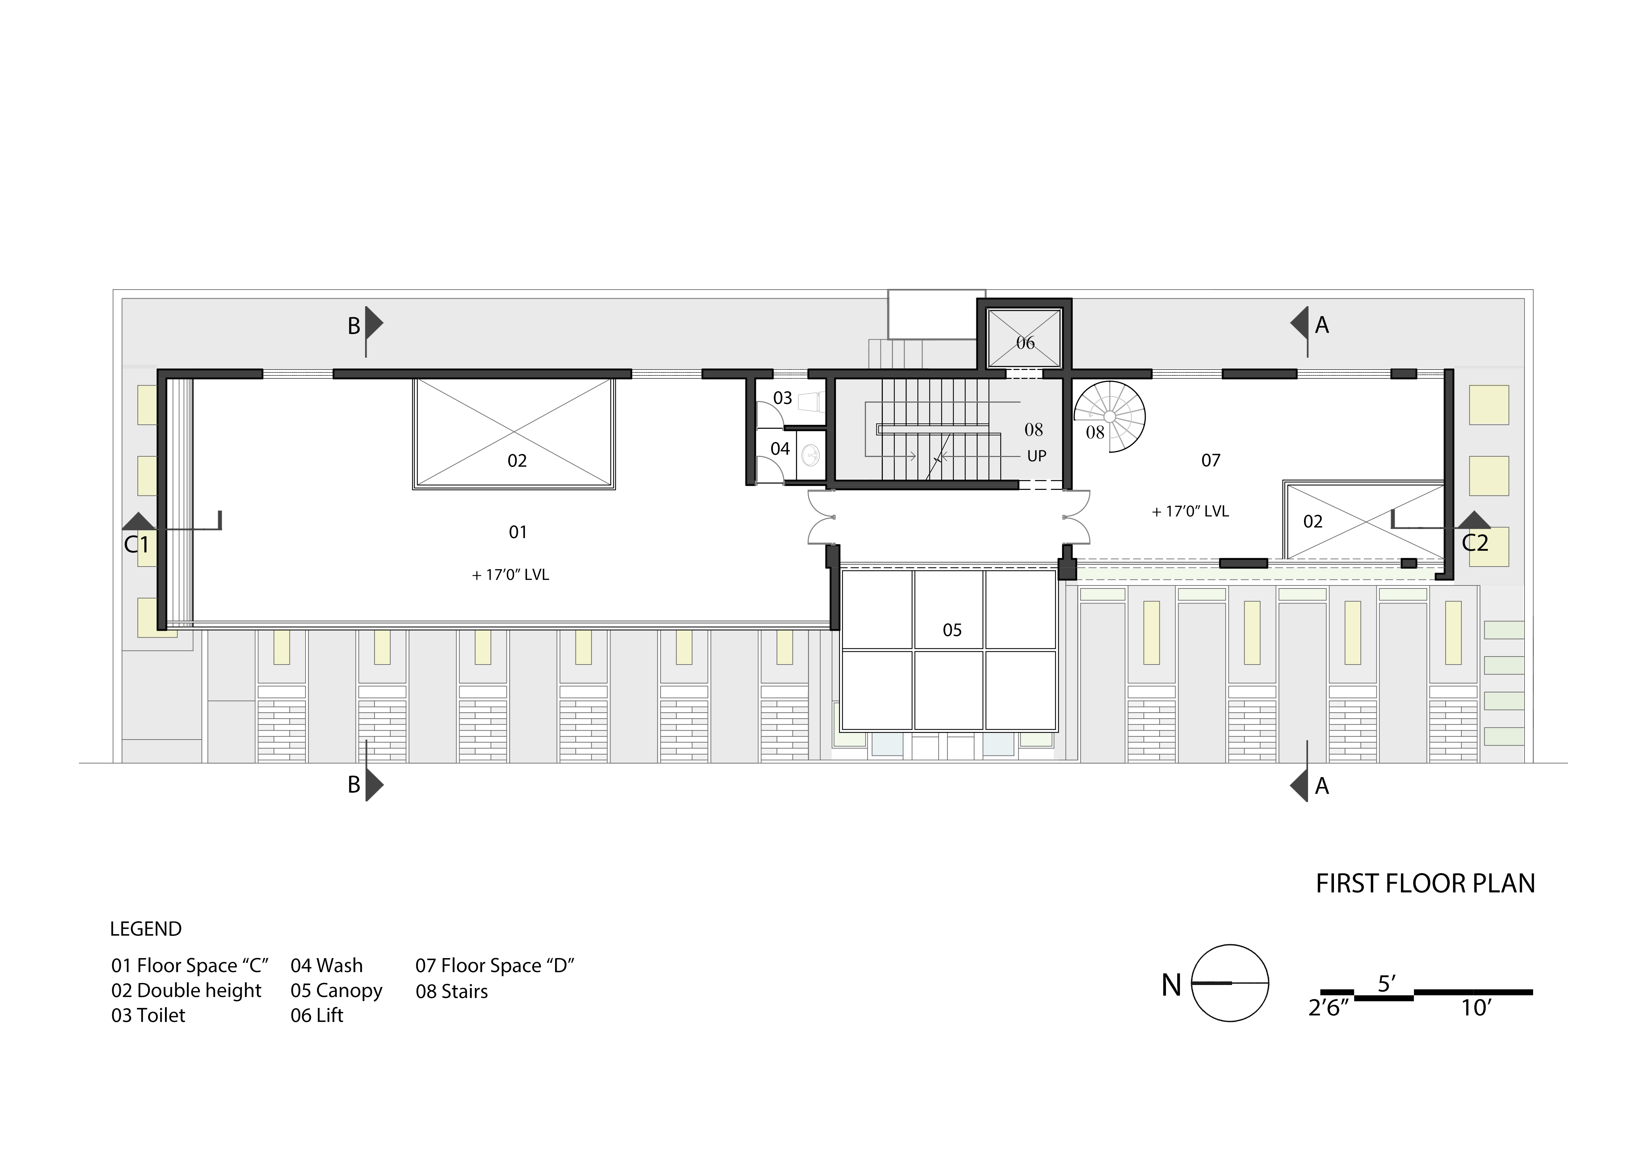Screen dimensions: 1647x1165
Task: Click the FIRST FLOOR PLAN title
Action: (1425, 883)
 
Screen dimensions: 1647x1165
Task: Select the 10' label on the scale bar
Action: (1476, 1008)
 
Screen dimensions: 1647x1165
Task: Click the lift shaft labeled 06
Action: (1025, 337)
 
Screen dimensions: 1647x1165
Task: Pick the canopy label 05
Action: (952, 630)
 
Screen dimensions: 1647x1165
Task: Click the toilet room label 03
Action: (782, 398)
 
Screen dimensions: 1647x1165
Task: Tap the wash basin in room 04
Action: (811, 453)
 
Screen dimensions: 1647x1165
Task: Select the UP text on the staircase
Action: (1036, 456)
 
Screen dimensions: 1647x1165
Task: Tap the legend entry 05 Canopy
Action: (336, 991)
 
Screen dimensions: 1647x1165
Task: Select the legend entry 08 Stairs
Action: (452, 991)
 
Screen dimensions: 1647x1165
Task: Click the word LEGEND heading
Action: (146, 929)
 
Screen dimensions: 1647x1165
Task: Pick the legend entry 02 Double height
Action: (187, 991)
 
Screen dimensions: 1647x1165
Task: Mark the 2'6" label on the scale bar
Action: (1329, 1008)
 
